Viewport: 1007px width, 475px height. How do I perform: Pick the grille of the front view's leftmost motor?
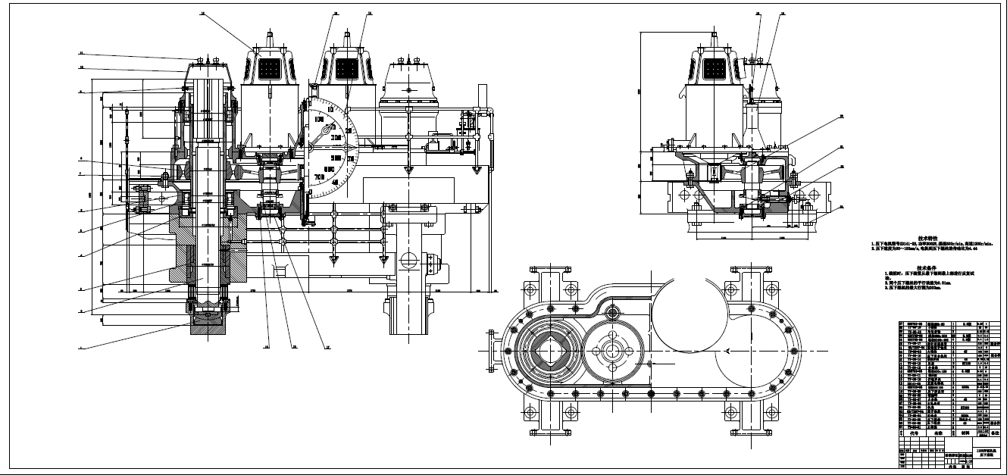[270, 69]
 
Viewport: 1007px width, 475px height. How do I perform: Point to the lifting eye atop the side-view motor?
[713, 36]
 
